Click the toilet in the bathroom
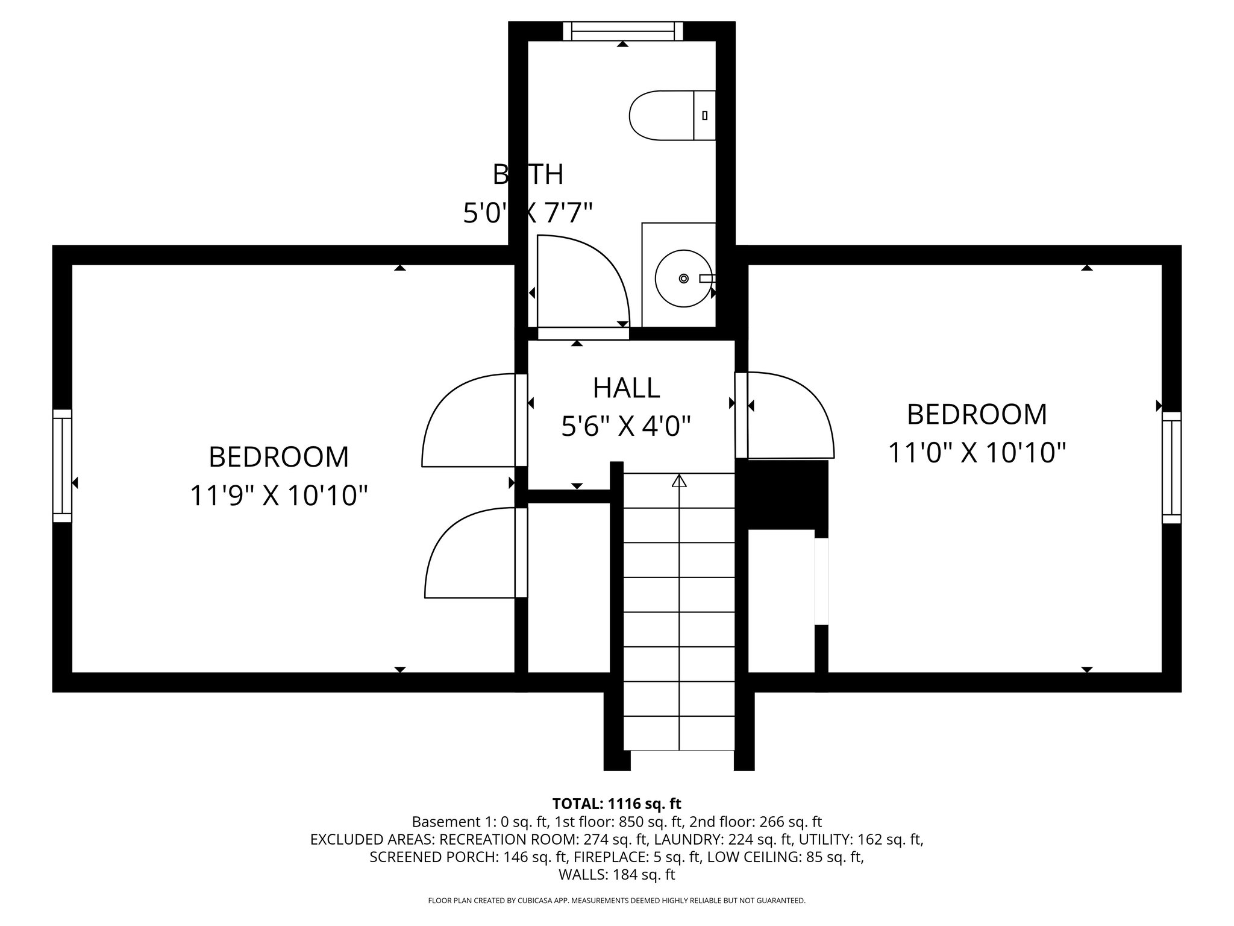(x=669, y=115)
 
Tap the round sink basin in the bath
(x=683, y=279)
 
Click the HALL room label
(x=626, y=388)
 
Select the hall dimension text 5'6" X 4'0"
(x=626, y=427)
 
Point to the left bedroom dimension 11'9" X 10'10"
(x=278, y=496)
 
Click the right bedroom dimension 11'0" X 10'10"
(x=977, y=453)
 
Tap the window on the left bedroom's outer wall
(x=62, y=465)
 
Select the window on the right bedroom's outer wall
(x=1171, y=467)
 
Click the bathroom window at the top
(x=622, y=31)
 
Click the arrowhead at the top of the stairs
(x=679, y=481)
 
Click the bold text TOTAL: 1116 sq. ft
(x=616, y=804)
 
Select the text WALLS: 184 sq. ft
(x=616, y=875)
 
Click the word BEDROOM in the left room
(x=278, y=457)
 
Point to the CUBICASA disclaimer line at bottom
(x=616, y=901)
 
